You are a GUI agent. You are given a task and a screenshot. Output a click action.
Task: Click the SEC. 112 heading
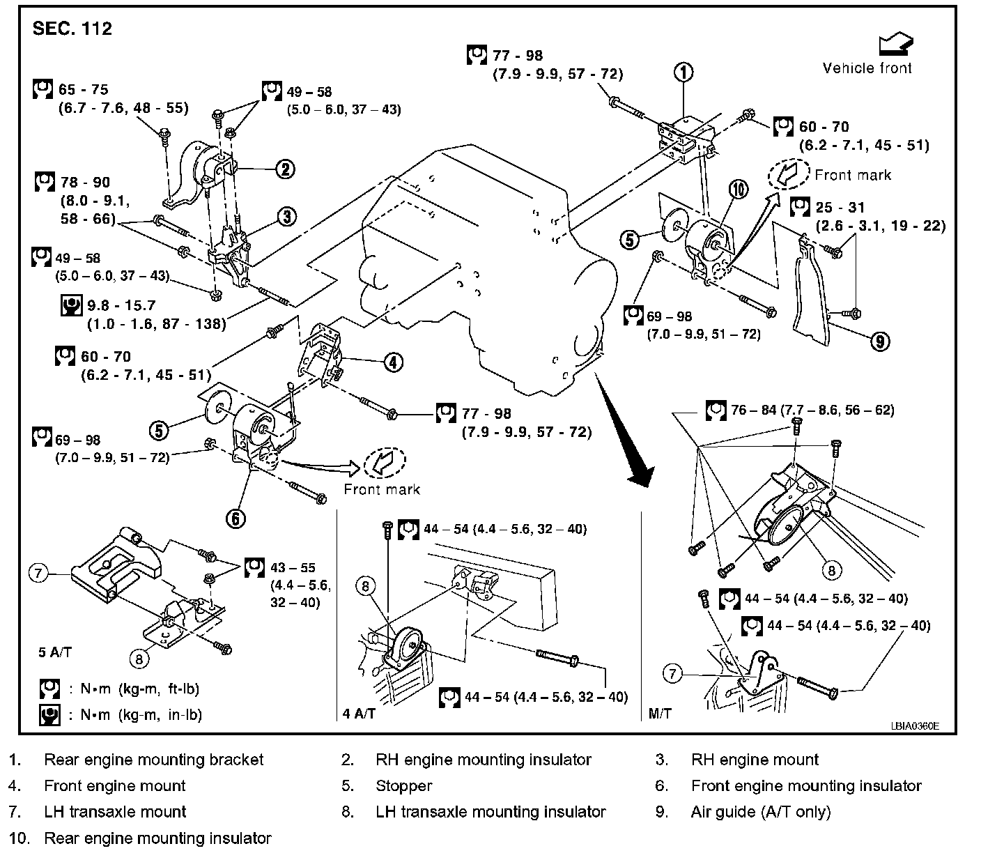coord(72,29)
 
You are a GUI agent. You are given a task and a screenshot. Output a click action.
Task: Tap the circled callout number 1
coord(683,71)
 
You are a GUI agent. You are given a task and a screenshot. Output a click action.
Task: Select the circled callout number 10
coord(738,190)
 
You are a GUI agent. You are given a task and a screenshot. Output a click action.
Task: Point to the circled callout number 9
coord(880,341)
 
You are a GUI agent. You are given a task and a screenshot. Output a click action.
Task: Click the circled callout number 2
coord(285,169)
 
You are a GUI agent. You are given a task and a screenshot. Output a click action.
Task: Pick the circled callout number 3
coord(286,217)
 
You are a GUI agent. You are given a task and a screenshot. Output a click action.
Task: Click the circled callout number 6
coord(235,518)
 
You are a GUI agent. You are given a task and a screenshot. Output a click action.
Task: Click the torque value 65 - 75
coord(84,90)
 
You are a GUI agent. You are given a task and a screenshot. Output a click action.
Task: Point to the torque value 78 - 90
coord(85,183)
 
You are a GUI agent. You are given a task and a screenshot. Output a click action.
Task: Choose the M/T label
coord(659,714)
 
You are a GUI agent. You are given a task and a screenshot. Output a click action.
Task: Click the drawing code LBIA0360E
coord(914,725)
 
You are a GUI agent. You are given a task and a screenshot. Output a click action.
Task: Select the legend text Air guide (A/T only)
coord(760,812)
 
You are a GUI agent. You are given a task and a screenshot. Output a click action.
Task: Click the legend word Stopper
coord(403,786)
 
